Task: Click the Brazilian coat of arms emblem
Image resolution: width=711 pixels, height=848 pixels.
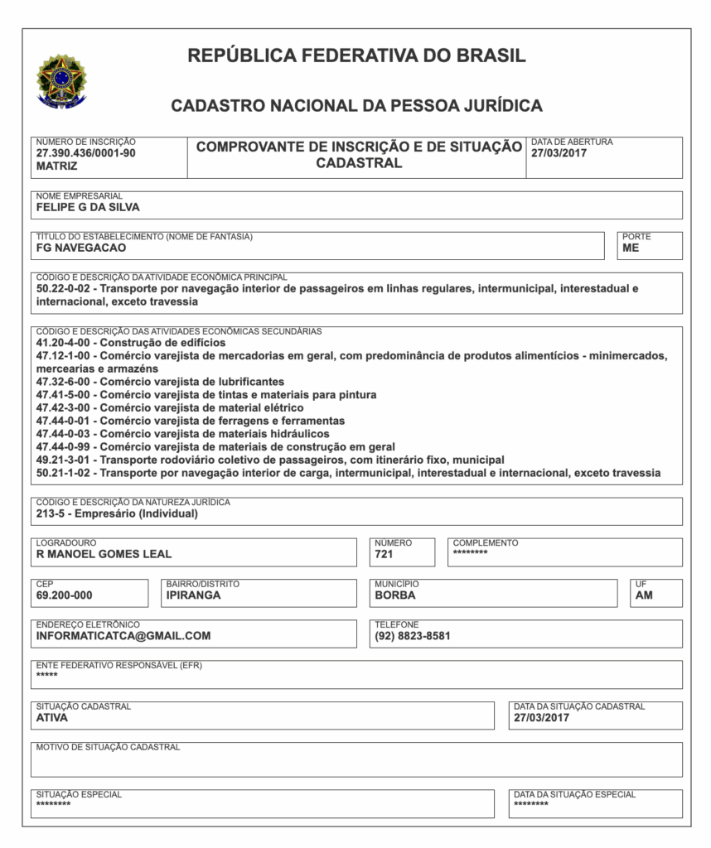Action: pyautogui.click(x=61, y=82)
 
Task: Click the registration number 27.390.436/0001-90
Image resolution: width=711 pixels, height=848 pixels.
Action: pyautogui.click(x=85, y=153)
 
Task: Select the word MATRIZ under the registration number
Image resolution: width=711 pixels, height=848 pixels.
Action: pyautogui.click(x=57, y=166)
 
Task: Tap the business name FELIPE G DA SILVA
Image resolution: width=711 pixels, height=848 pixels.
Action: pyautogui.click(x=88, y=207)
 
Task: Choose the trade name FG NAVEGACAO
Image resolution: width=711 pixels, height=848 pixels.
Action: pyautogui.click(x=81, y=248)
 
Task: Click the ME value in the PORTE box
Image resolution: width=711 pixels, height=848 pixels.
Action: pyautogui.click(x=631, y=248)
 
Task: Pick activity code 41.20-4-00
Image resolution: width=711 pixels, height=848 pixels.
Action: pyautogui.click(x=65, y=342)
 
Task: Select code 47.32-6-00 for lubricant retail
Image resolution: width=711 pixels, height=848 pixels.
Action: pyautogui.click(x=65, y=382)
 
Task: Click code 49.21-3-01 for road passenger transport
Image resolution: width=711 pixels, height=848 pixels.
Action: pyautogui.click(x=65, y=460)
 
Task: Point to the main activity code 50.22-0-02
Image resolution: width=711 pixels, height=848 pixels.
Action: pyautogui.click(x=65, y=289)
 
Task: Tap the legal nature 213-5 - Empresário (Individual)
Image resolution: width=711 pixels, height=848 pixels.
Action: pyautogui.click(x=117, y=513)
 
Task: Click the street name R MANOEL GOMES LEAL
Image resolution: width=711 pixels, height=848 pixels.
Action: pyautogui.click(x=104, y=554)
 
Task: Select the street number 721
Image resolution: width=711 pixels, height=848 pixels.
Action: pyautogui.click(x=384, y=554)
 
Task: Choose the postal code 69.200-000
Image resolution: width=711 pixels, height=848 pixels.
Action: pyautogui.click(x=65, y=595)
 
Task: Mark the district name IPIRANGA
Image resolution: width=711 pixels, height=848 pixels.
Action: pyautogui.click(x=193, y=595)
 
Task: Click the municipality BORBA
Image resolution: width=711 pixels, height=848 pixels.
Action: pyautogui.click(x=395, y=595)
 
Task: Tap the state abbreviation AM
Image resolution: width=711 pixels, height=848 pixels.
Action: pyautogui.click(x=644, y=595)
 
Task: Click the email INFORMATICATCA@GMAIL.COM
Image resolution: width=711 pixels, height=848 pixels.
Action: pyautogui.click(x=123, y=636)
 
